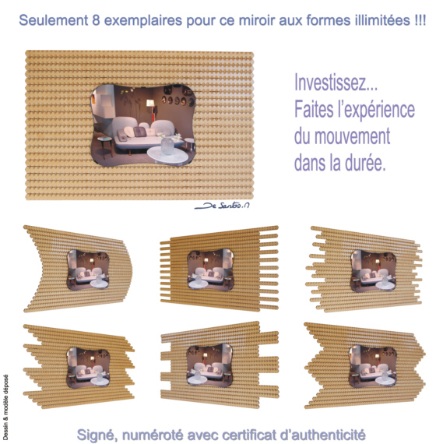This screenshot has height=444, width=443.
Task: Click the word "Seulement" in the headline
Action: tap(54, 20)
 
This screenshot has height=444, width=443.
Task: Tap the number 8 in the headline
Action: tap(96, 20)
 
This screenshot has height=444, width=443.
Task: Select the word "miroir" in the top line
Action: tap(257, 20)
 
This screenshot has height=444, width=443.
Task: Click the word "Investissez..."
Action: tap(336, 82)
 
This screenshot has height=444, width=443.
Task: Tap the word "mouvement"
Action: tap(353, 136)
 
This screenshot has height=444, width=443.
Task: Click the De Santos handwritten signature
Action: tap(222, 206)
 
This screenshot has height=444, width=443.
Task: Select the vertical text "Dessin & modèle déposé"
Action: tap(5, 407)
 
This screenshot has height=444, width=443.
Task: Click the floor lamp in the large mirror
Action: tap(150, 110)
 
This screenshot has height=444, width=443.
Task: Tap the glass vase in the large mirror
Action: tap(167, 146)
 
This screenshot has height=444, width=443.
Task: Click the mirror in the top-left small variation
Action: tap(88, 270)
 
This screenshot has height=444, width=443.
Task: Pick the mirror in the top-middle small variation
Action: tap(211, 270)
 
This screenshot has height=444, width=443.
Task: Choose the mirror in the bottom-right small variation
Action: tap(373, 366)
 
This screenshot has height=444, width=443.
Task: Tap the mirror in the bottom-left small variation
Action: tap(88, 368)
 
